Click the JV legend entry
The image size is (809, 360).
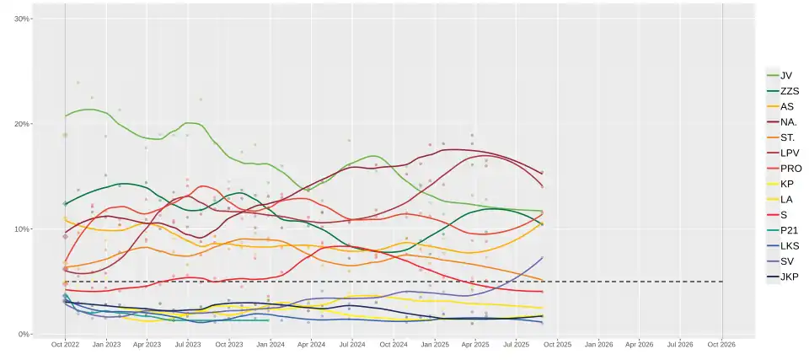point(785,75)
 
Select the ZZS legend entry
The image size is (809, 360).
point(789,91)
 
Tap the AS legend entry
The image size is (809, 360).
point(786,106)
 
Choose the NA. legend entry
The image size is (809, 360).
point(788,121)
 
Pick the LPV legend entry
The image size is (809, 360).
point(789,153)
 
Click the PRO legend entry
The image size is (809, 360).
point(790,168)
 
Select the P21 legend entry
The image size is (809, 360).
point(789,230)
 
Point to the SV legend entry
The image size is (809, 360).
point(786,261)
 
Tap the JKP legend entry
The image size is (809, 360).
point(789,277)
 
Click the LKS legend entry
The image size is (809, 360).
point(789,245)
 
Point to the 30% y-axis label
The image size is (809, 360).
point(22,19)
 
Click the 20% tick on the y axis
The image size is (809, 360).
point(22,124)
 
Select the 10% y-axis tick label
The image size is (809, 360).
point(22,229)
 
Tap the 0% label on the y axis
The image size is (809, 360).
point(24,334)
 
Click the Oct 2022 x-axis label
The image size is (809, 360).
point(65,345)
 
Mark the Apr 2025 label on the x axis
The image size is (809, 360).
point(475,345)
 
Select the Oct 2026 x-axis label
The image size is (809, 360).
point(722,345)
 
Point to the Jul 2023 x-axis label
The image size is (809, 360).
point(188,345)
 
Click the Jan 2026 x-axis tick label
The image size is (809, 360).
point(598,345)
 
